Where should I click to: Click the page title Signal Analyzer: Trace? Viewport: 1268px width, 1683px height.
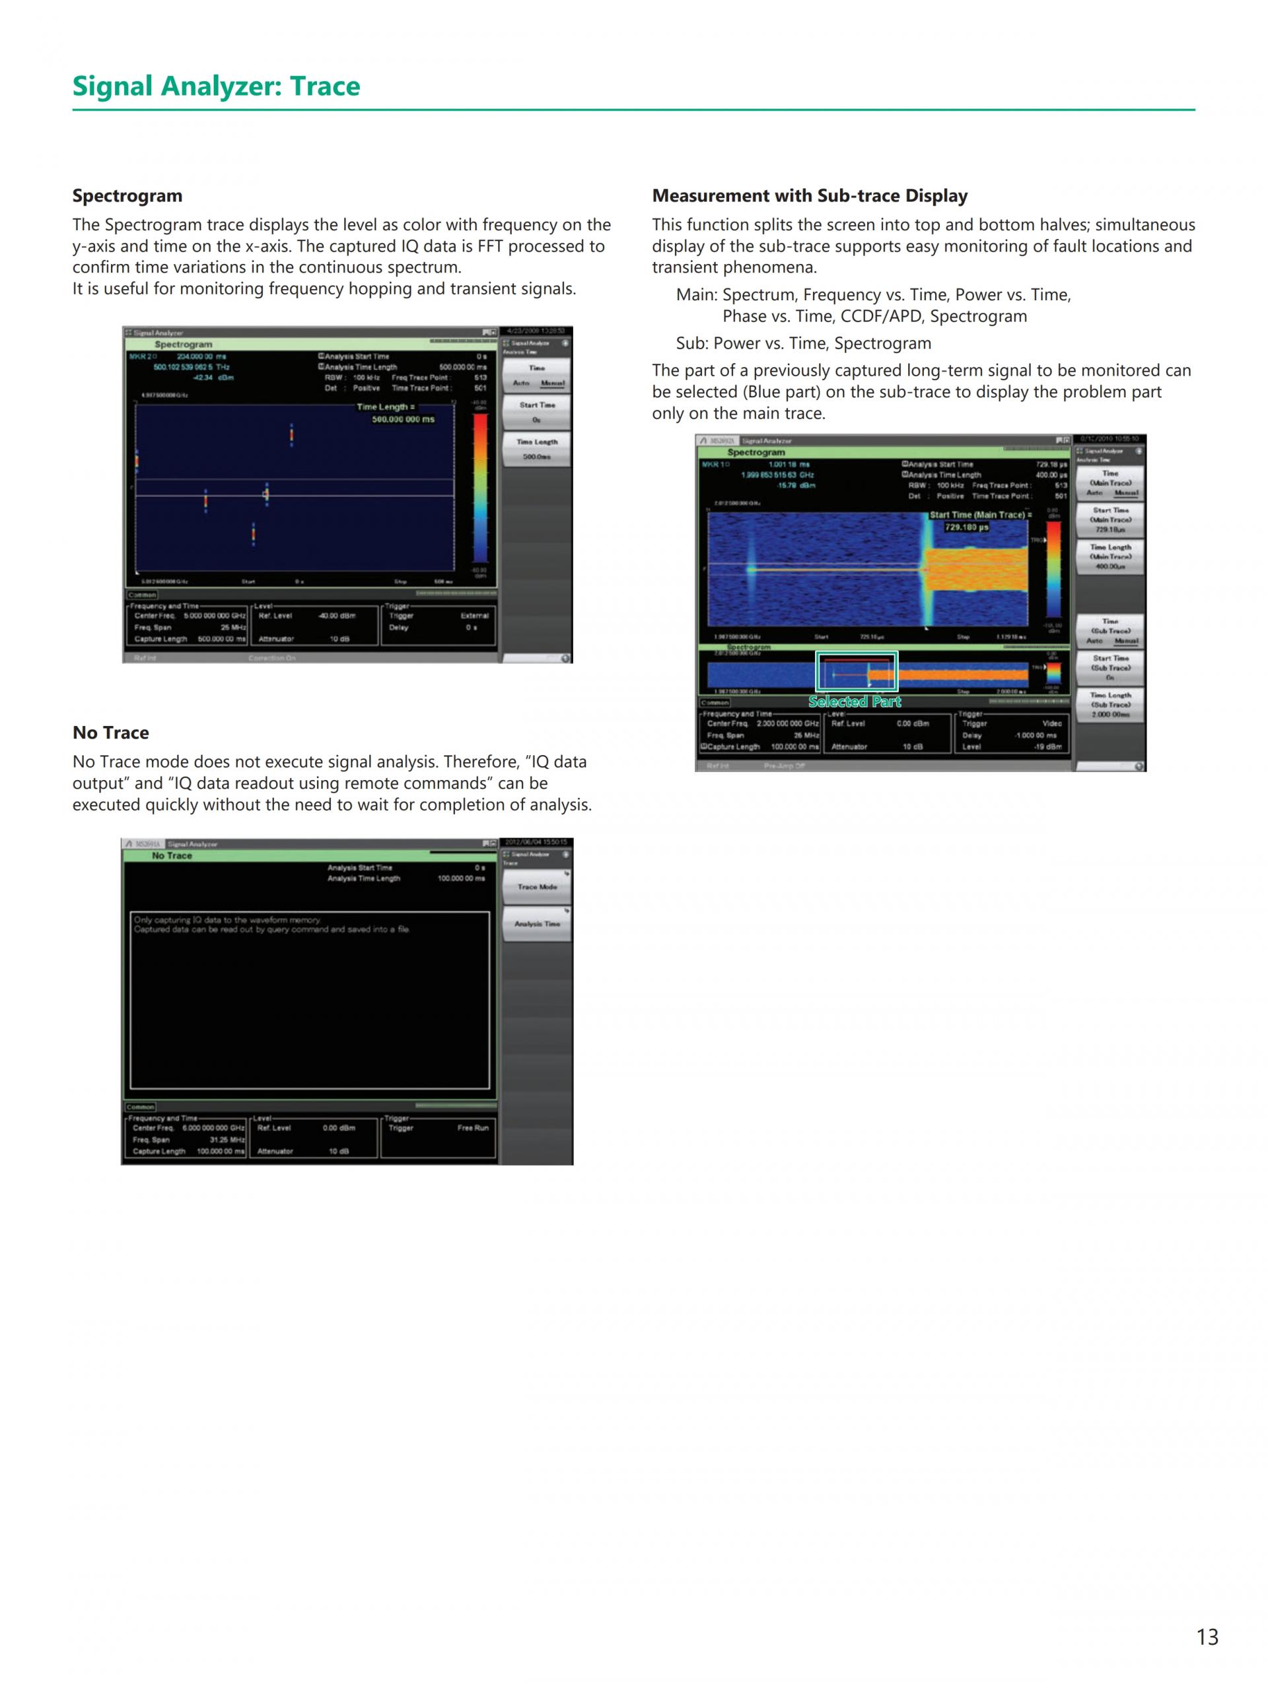click(216, 86)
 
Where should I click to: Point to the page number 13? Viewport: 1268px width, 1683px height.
click(1207, 1637)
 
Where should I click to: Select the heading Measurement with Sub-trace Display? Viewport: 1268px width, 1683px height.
click(809, 196)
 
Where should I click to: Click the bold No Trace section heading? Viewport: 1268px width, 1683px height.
click(110, 733)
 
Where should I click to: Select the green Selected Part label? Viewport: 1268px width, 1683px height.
click(854, 702)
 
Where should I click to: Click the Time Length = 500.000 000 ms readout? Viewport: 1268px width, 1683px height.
click(396, 413)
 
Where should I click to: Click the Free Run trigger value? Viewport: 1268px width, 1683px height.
click(472, 1127)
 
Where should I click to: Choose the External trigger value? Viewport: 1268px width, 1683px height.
click(474, 616)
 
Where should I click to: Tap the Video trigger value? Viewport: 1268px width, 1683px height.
click(1051, 723)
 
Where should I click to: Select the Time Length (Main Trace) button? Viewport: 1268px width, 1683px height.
click(1109, 557)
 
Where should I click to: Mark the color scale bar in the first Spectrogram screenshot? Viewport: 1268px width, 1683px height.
click(480, 487)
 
